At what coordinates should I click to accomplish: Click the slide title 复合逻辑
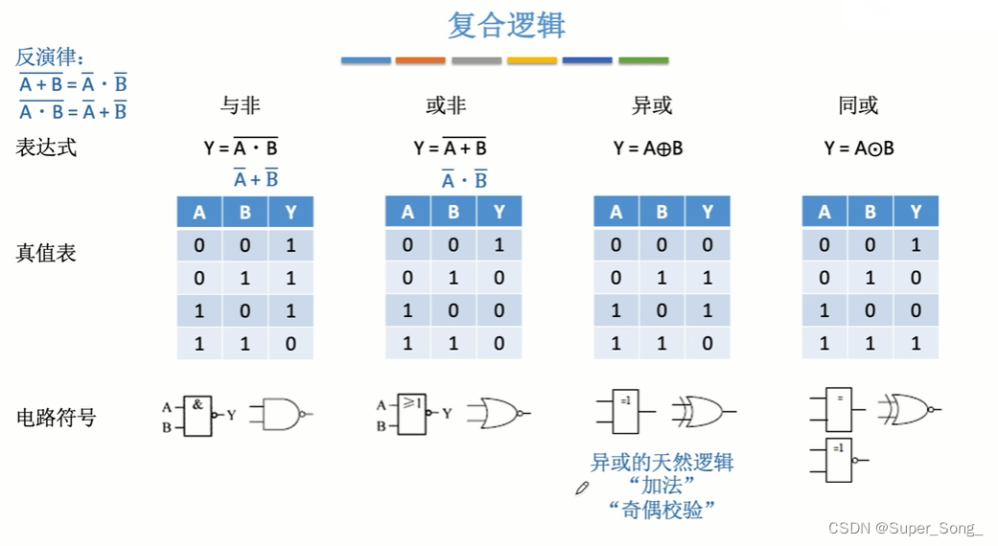point(506,25)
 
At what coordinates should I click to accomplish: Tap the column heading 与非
point(241,105)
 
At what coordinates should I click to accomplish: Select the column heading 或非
point(446,105)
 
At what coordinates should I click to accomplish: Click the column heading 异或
point(652,105)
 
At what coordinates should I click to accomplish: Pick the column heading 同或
point(858,105)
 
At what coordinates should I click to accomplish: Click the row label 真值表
point(46,253)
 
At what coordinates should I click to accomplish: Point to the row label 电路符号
point(57,417)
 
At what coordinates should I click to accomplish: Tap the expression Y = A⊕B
point(648,148)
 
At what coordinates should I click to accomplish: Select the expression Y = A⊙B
point(859,148)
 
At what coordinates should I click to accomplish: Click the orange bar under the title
point(421,61)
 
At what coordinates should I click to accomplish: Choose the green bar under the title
point(643,61)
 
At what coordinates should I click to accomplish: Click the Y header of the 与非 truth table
point(290,212)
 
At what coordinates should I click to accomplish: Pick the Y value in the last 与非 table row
point(290,343)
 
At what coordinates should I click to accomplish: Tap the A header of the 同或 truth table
point(824,212)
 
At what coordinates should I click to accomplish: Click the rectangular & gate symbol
point(197,416)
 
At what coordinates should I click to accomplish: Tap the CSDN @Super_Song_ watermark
point(906,528)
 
